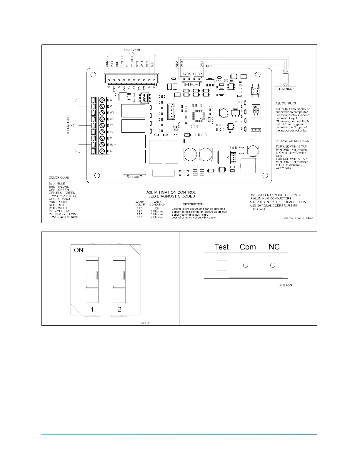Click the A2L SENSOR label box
coord(285,89)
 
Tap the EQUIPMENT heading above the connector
coord(132,50)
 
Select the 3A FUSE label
coord(134,177)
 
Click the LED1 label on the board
coord(176,130)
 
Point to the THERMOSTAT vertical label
coord(68,125)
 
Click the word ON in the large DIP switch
coord(79,250)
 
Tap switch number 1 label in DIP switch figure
coord(92,309)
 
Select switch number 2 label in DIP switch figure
coord(119,309)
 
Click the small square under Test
coord(222,266)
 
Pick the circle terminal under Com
coord(246,265)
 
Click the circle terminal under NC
coord(273,265)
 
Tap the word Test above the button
coord(221,247)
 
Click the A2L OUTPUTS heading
coord(286,103)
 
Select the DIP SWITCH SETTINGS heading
coord(292,141)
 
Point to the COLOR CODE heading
coord(59,177)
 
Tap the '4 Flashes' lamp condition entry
coord(157,217)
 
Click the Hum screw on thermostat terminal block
coord(102,145)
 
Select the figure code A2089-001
coord(286,285)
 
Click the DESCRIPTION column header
coord(193,204)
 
